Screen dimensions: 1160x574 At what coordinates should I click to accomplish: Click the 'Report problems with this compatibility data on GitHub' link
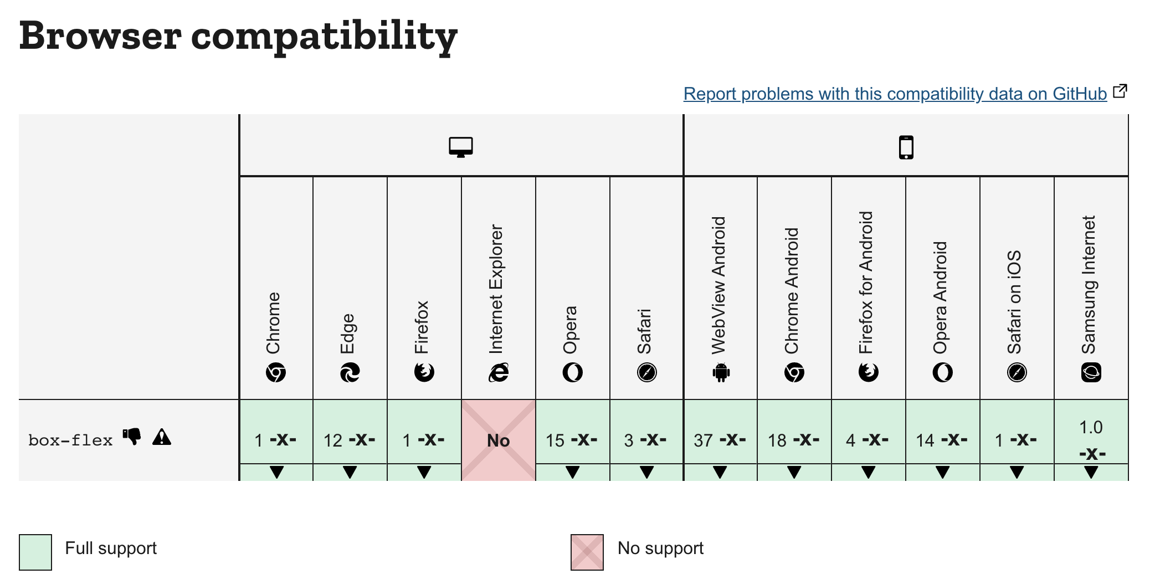point(895,94)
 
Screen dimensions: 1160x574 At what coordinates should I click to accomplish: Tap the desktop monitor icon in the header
point(461,147)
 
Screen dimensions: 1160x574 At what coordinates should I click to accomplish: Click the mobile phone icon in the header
point(906,147)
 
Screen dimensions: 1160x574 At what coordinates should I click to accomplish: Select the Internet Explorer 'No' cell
point(499,440)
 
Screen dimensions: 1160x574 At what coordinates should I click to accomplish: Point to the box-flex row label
point(70,440)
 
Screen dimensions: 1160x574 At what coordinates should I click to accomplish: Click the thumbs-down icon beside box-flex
point(132,437)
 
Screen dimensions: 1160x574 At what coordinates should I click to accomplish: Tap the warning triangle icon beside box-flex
point(162,437)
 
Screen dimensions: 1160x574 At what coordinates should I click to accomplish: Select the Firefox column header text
point(422,327)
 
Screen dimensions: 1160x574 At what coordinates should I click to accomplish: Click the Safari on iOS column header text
point(1014,302)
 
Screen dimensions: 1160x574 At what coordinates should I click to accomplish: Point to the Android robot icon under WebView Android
point(721,372)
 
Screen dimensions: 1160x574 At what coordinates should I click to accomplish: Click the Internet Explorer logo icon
point(499,372)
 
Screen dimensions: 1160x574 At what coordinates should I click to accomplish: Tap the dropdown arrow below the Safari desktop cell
point(646,472)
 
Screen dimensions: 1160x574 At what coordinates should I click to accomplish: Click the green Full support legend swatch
point(35,552)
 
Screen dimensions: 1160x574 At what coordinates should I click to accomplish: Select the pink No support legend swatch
point(587,552)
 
